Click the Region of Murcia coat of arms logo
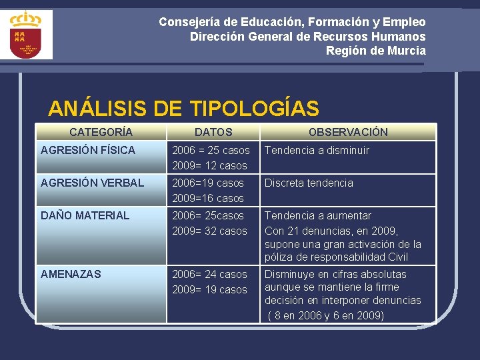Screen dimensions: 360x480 [x=26, y=34]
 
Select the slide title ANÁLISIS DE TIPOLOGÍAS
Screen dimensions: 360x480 [x=183, y=108]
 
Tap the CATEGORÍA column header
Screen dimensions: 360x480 [x=101, y=132]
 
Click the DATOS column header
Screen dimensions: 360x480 [x=213, y=132]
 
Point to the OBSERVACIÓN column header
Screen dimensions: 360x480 [x=347, y=132]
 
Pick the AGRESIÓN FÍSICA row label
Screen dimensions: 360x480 [x=87, y=150]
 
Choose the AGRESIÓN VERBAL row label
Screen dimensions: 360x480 [x=92, y=183]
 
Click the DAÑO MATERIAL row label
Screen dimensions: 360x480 [x=85, y=215]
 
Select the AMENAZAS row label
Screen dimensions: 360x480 [x=71, y=274]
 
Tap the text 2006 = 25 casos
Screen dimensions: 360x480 [x=211, y=150]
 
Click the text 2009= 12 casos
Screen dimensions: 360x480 [x=209, y=165]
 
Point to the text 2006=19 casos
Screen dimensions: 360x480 [x=208, y=183]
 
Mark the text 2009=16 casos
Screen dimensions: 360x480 [x=208, y=198]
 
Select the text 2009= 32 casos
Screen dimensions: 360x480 [x=209, y=231]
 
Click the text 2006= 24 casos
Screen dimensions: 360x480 [x=209, y=274]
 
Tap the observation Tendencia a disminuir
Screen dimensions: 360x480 [x=317, y=150]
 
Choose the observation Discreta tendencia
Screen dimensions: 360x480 [x=309, y=183]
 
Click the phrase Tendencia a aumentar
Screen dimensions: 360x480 [x=318, y=215]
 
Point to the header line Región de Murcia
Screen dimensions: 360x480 [x=375, y=51]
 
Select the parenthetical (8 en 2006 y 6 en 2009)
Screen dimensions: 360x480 [x=326, y=315]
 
